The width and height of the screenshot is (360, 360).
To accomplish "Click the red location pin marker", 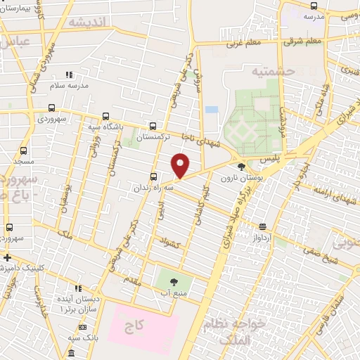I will point(181,165).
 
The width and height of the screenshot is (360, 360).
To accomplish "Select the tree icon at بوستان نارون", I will point(243,167).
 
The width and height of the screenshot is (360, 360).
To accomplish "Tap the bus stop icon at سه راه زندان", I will point(153,177).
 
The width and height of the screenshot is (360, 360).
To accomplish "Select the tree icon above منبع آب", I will point(173,281).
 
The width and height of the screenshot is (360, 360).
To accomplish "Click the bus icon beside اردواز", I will point(262,226).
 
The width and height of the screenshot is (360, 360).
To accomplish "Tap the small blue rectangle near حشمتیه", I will point(211,110).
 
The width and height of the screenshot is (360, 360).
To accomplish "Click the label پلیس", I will point(269,160).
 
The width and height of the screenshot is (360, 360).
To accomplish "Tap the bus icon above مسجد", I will point(24,151).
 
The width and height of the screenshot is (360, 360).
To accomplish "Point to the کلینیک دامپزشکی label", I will point(28,268).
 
